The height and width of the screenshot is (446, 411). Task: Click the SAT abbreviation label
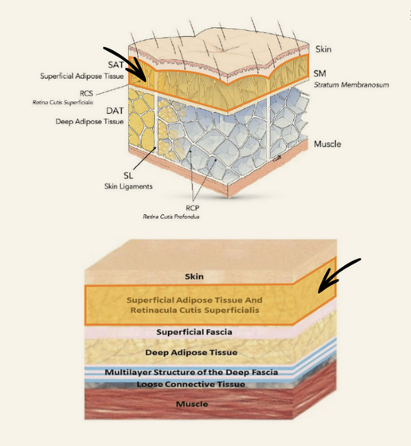pos(115,65)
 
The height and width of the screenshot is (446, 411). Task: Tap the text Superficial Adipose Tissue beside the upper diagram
pos(82,76)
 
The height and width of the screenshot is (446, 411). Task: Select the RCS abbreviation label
pos(87,93)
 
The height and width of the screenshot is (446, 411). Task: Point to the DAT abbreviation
pos(115,111)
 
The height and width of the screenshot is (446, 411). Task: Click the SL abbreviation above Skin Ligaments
pos(128,176)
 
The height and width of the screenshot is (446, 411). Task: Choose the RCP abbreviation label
pos(193,208)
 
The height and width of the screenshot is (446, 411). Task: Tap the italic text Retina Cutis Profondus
pos(171,217)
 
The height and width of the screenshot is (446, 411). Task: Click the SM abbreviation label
pos(319,73)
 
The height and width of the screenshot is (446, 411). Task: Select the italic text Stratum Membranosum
pos(351,84)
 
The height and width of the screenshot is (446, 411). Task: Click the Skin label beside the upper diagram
pos(323,49)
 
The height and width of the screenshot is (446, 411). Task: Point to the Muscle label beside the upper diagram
pos(327,144)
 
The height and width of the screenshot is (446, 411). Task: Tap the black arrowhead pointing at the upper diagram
pos(140,71)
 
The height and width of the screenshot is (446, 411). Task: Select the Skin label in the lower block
pos(194,276)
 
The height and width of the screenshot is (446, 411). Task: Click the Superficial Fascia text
pos(194,332)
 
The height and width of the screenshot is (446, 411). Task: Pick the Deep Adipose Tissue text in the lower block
pos(191,353)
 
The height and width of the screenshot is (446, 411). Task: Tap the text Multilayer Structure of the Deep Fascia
pos(191,373)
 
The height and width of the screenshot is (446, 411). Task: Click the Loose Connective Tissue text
pos(191,384)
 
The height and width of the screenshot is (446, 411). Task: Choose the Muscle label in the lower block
pos(192,405)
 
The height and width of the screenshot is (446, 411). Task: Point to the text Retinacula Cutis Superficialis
pos(195,310)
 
